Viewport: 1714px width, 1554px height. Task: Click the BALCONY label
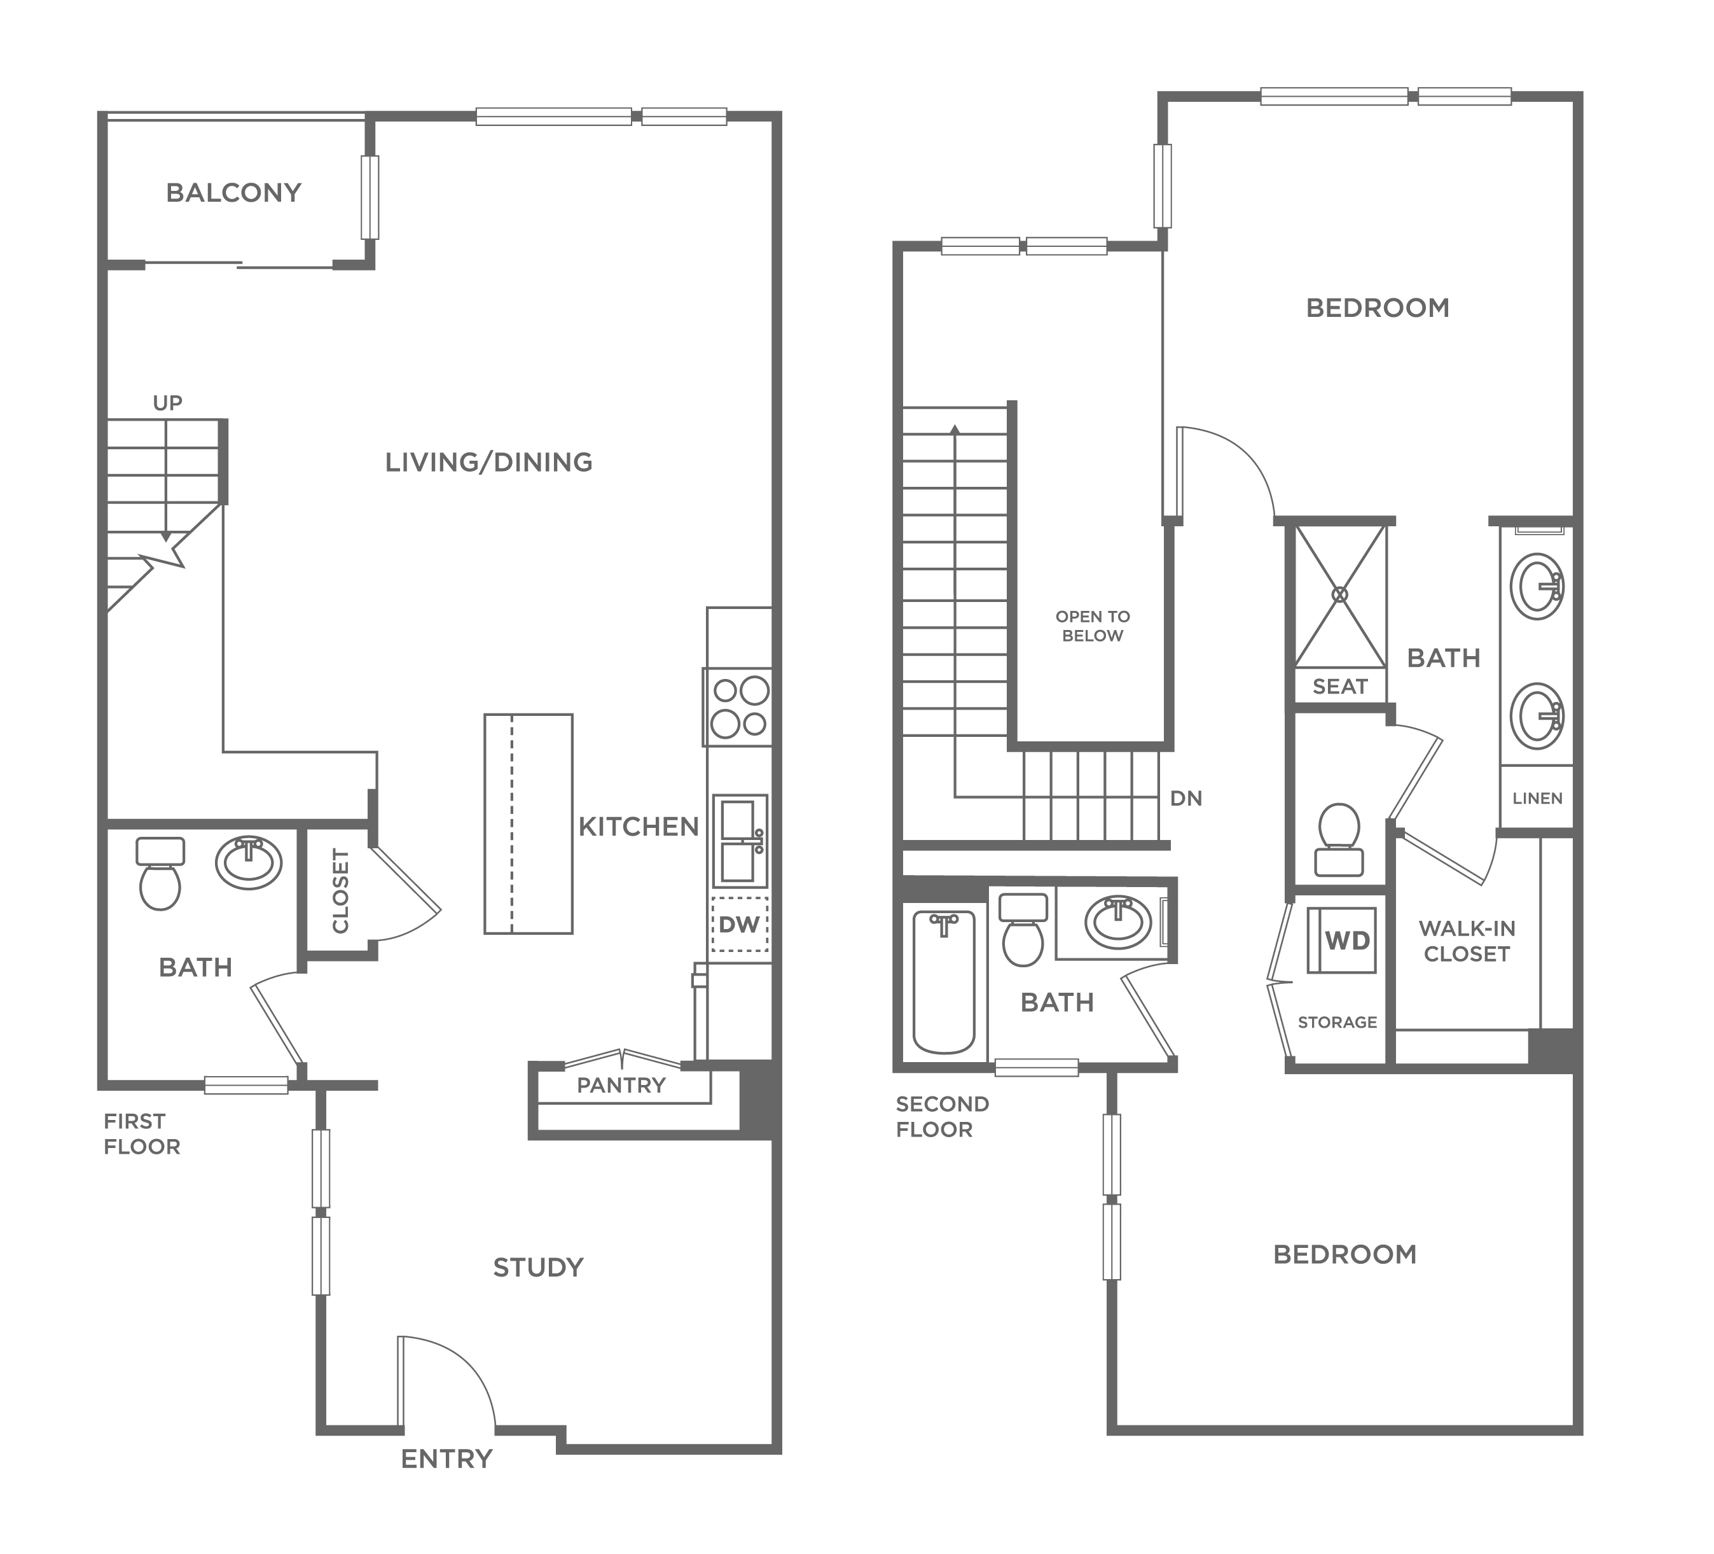tap(234, 193)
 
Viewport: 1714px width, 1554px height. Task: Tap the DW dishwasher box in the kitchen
tap(740, 925)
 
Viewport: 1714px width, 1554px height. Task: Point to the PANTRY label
tap(621, 1086)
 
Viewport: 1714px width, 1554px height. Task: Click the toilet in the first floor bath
tap(160, 874)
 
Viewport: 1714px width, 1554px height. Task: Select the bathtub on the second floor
tap(944, 983)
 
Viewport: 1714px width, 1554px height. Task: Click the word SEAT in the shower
tap(1340, 687)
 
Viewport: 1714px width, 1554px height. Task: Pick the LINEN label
tap(1537, 798)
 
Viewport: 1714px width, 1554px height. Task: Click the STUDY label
tap(538, 1268)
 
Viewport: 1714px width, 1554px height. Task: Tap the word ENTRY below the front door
tap(446, 1459)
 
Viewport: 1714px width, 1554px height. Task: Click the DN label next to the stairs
tap(1186, 798)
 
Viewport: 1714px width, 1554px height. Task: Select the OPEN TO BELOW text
tap(1093, 626)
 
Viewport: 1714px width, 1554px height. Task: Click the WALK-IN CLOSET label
tap(1467, 941)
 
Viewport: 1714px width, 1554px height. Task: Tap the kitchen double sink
tap(740, 841)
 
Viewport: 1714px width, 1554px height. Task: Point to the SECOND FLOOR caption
tap(942, 1116)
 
